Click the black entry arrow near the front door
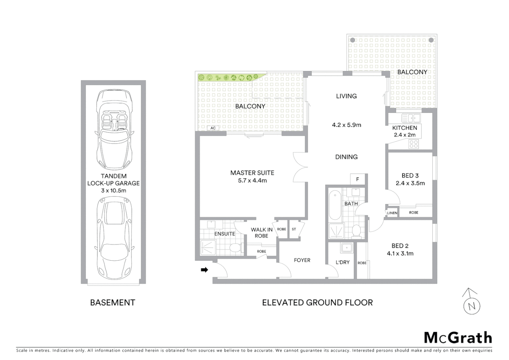tap(204, 270)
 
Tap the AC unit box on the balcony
tap(213, 128)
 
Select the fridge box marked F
tap(358, 179)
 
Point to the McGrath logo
tap(458, 338)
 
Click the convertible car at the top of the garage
tap(114, 130)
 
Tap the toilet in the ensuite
tap(236, 248)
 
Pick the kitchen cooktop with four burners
tap(414, 144)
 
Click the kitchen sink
tap(411, 118)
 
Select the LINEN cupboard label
tap(392, 213)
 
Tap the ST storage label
tap(294, 229)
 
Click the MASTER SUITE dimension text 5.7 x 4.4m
tap(252, 181)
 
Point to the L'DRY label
tap(342, 262)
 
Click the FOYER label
tap(302, 260)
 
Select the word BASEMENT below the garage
tap(113, 303)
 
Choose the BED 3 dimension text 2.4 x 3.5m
tap(410, 183)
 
